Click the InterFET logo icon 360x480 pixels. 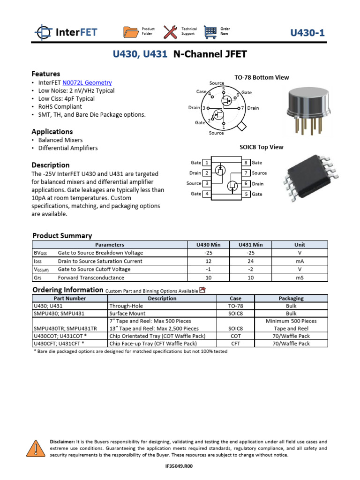44,32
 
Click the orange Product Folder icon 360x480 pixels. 130,32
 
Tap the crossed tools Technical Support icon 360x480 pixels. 170,32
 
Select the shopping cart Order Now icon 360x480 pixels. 210,32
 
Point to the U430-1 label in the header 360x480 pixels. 307,32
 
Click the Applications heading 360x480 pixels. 52,132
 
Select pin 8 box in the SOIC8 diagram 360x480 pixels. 246,163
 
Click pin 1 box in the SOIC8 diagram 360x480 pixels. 207,163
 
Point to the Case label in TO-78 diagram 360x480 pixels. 201,92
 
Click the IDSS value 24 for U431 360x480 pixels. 250,261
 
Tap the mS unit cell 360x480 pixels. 300,277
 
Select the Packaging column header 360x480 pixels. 291,298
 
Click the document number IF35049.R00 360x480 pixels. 179,466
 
